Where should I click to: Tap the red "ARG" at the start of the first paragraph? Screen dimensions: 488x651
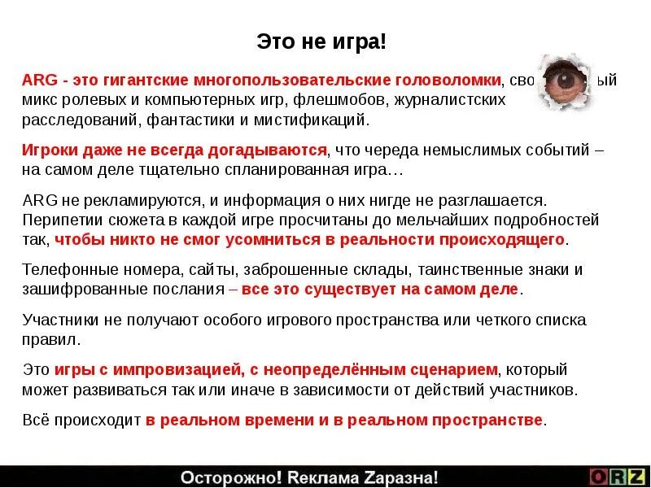(x=39, y=81)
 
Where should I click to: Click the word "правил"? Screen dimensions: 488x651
(x=50, y=340)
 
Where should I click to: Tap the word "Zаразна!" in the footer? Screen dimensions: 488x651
(x=401, y=477)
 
